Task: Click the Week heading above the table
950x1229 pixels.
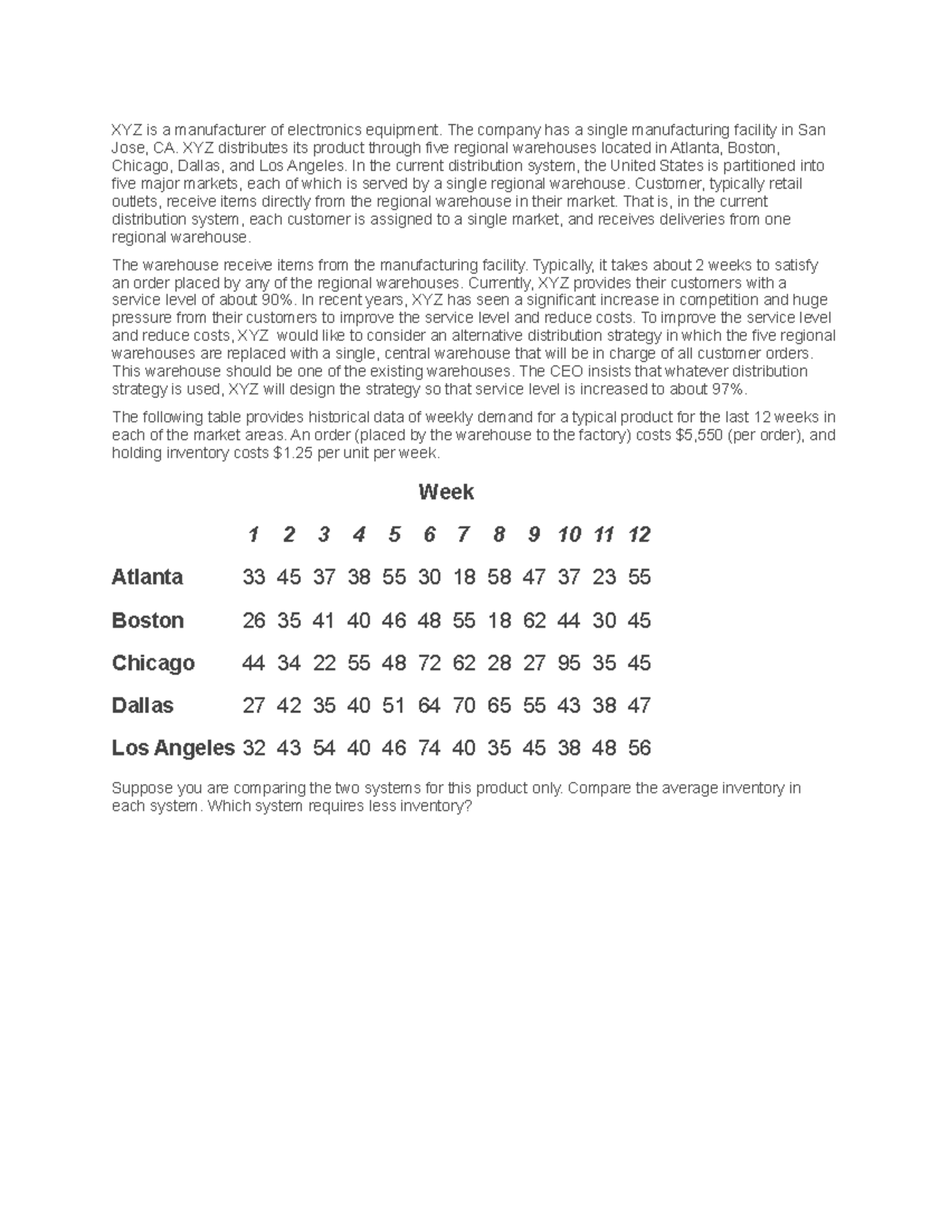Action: (446, 492)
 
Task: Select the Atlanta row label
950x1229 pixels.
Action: (147, 577)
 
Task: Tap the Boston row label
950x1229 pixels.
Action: (148, 620)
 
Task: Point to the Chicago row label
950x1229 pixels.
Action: (153, 662)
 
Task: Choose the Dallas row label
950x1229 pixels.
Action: (142, 705)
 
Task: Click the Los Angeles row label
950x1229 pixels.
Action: (173, 748)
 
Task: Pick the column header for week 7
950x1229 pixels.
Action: (463, 535)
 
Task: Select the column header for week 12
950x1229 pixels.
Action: (639, 535)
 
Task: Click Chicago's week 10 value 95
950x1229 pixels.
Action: (568, 662)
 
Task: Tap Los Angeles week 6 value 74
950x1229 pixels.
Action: (428, 748)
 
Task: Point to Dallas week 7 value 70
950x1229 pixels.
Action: (463, 705)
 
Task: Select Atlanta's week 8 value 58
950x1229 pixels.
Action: (499, 577)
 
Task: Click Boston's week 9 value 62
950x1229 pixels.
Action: (534, 620)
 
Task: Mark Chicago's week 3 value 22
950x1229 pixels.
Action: (324, 662)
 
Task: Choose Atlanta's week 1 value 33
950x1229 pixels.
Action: (253, 577)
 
